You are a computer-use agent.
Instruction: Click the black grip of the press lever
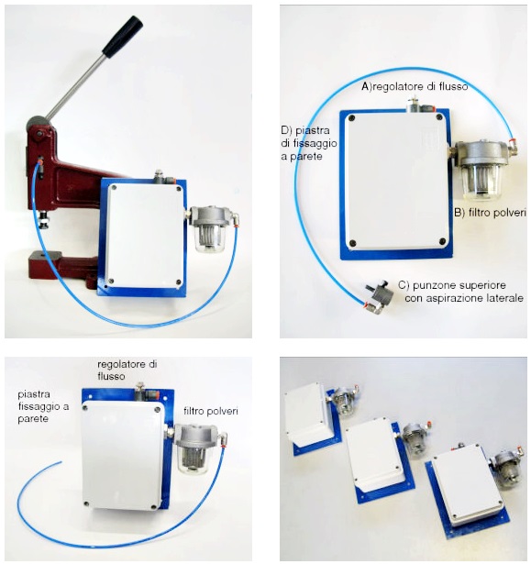[x=123, y=35]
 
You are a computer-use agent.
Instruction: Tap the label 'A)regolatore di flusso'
[x=415, y=86]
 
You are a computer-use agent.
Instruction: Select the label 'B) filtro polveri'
[x=490, y=213]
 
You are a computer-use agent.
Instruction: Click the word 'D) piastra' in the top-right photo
[x=305, y=130]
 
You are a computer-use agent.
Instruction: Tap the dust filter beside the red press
[x=210, y=227]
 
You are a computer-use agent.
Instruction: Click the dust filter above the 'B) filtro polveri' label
[x=482, y=170]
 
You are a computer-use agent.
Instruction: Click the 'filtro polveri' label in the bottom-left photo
[x=211, y=411]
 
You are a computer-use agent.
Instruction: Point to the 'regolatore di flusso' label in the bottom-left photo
[x=127, y=370]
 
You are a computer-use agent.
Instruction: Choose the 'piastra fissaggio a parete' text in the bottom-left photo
[x=43, y=406]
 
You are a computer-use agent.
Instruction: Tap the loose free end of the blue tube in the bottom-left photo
[x=61, y=462]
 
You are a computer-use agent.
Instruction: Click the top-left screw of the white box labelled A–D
[x=352, y=117]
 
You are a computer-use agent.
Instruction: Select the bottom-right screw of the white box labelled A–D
[x=443, y=241]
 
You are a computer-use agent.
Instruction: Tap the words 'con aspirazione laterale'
[x=464, y=299]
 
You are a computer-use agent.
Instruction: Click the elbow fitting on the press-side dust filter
[x=234, y=218]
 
